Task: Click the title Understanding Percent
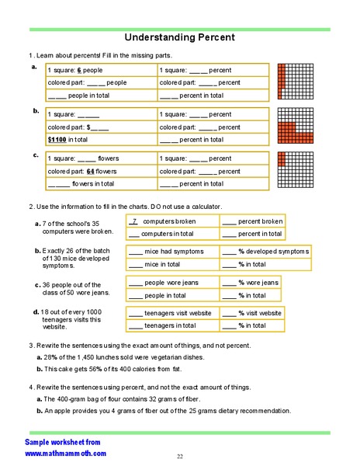pos(179,37)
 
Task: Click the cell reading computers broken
pos(170,221)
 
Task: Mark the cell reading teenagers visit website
pos(170,313)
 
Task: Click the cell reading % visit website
pos(253,313)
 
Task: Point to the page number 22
pos(179,455)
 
